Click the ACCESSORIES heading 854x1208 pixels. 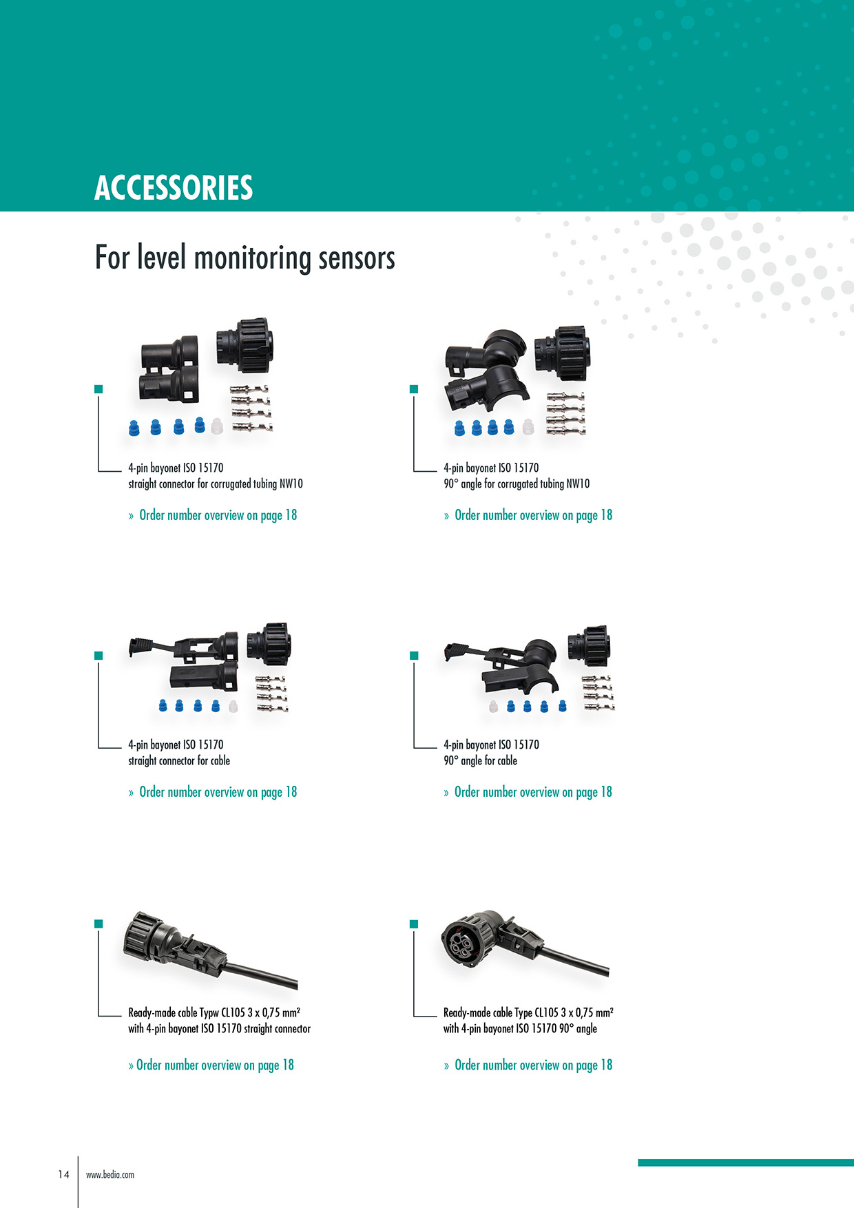174,187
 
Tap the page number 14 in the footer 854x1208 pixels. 64,1174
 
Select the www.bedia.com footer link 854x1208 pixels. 110,1175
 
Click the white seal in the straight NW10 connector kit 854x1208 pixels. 217,426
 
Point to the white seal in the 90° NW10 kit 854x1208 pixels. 528,427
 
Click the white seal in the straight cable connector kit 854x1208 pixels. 233,706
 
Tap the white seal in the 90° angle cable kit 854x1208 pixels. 493,706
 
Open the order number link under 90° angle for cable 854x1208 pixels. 528,792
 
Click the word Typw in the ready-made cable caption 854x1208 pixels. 209,1013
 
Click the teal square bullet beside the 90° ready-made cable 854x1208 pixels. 414,924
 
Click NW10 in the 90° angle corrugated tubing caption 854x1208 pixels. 578,483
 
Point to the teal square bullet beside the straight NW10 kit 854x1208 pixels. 98,389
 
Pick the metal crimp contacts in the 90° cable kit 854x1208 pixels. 598,693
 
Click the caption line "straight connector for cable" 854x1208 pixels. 179,760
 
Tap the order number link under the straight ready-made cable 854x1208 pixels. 211,1065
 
